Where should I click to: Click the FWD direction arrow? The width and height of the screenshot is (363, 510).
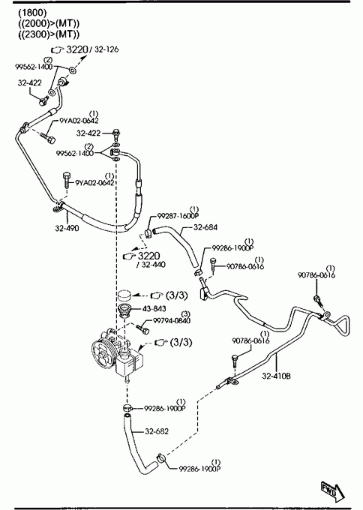[332, 490]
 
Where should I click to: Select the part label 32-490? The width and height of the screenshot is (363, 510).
[67, 228]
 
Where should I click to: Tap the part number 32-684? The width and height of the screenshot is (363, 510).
[205, 227]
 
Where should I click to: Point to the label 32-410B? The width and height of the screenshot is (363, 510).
[276, 376]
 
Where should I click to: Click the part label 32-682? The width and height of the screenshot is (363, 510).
[157, 431]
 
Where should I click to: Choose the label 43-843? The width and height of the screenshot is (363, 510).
[154, 308]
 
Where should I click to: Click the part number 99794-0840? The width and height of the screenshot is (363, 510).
[172, 321]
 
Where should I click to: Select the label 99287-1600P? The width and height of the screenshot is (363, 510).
[178, 216]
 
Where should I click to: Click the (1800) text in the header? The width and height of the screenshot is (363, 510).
[32, 13]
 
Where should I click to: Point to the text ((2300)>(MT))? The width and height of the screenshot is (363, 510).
[49, 34]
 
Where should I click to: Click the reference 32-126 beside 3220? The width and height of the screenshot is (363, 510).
[106, 49]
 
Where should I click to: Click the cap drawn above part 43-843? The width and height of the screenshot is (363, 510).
[124, 295]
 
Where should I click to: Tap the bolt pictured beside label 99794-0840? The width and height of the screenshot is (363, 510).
[142, 328]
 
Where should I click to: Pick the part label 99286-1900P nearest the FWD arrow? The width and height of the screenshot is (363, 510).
[199, 469]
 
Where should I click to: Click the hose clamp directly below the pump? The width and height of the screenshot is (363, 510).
[127, 408]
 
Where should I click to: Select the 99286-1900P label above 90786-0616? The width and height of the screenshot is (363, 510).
[232, 247]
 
